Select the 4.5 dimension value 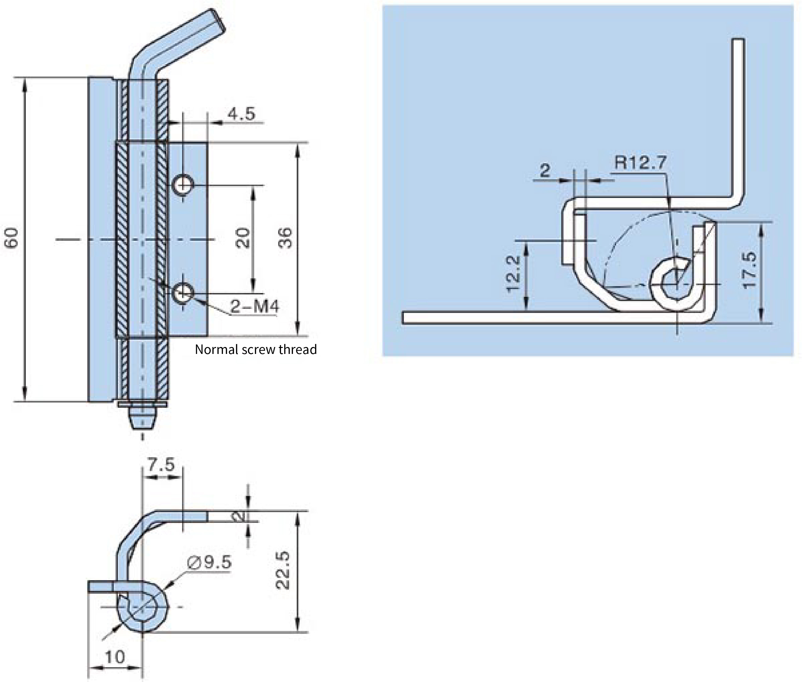[241, 114]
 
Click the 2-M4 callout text [254, 307]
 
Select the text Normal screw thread [256, 350]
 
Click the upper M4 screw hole [183, 185]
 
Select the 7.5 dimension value [161, 464]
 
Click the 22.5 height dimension [283, 570]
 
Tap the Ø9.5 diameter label [209, 562]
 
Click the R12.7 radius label [640, 162]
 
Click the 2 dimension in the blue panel [545, 170]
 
